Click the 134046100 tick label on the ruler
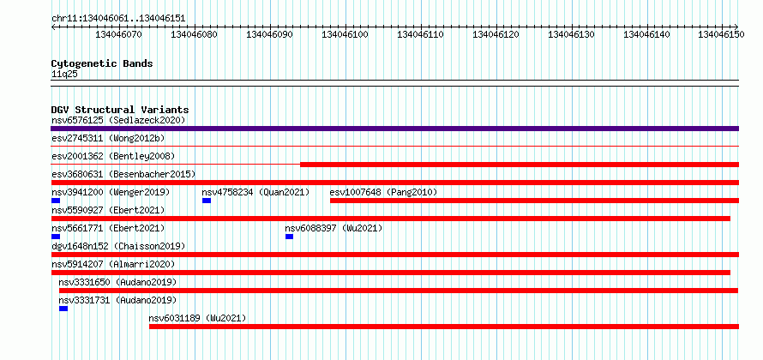tap(345, 34)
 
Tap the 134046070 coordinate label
tap(118, 34)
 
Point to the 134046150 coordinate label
tap(721, 34)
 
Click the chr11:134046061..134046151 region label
tap(118, 19)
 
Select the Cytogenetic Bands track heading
tap(102, 63)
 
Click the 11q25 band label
tap(64, 75)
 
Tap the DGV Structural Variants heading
tap(120, 110)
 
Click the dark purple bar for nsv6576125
tap(394, 129)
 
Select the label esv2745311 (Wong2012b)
tap(108, 139)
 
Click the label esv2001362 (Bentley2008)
tap(113, 157)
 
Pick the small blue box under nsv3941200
tap(56, 201)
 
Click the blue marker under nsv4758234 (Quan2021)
tap(207, 201)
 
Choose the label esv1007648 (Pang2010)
tap(383, 193)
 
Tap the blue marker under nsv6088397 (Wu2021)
tap(289, 237)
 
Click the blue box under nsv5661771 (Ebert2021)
tap(56, 237)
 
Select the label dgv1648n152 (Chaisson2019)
tap(118, 247)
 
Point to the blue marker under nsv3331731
tap(63, 309)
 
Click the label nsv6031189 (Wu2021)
tap(197, 319)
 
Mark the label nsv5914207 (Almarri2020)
tap(113, 265)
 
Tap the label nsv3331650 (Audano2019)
tap(117, 283)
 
